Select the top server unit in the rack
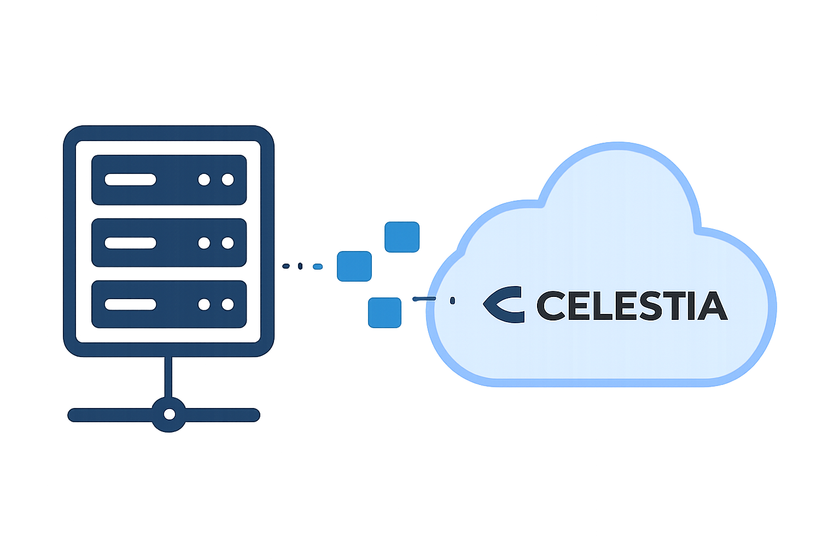[169, 179]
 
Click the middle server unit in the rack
[169, 242]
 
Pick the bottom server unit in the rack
[169, 304]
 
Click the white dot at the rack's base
[170, 415]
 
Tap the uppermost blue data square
[402, 237]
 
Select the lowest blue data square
[384, 312]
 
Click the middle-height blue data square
[354, 266]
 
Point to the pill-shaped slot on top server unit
[130, 179]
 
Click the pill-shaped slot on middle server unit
[130, 243]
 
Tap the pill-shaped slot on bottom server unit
[130, 304]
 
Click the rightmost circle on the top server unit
[227, 179]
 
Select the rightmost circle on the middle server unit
[227, 243]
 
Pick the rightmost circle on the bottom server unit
[227, 304]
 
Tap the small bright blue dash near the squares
[318, 267]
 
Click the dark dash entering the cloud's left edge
[424, 299]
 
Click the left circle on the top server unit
[204, 179]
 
